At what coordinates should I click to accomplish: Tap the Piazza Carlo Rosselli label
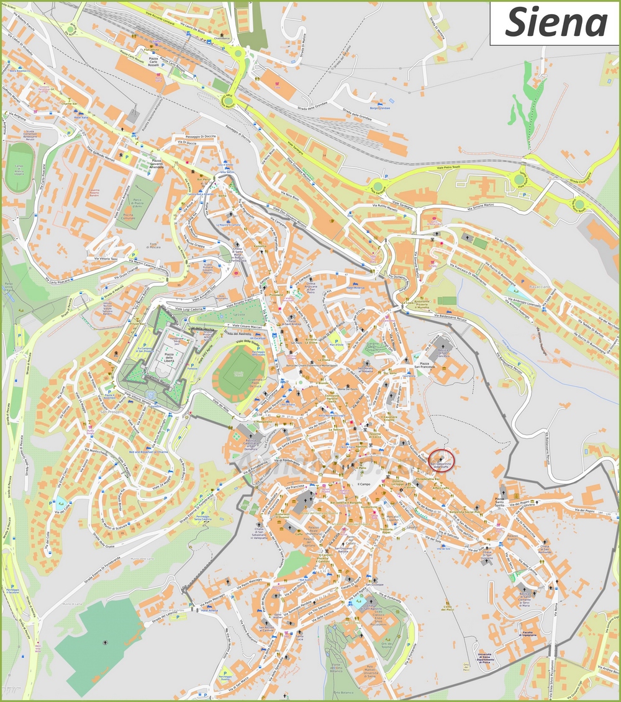point(145,66)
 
